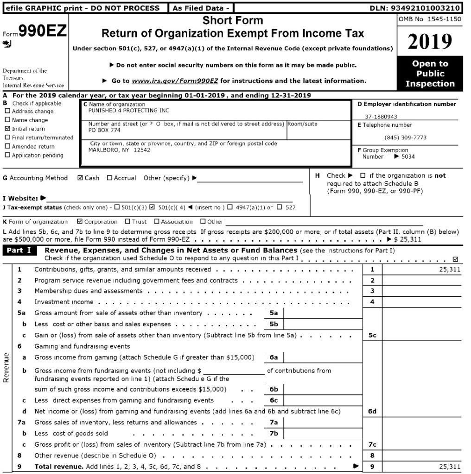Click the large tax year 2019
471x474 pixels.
tap(430, 42)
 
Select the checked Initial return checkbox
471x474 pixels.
tap(7, 129)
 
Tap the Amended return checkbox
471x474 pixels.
tap(7, 146)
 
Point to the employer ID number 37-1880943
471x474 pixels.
tap(381, 117)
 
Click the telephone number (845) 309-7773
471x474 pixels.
tap(406, 137)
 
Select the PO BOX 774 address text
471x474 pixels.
tap(101, 131)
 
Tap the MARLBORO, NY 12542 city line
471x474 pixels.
tap(119, 150)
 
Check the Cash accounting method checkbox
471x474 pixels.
tap(80, 178)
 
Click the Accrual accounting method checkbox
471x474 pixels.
tap(109, 178)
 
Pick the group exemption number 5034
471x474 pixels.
tap(408, 156)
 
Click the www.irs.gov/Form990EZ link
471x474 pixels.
tap(175, 81)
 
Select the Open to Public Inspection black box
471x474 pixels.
tap(430, 74)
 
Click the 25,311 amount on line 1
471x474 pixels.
tap(449, 269)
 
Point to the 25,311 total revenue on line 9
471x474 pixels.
tap(449, 467)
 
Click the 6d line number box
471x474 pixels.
tap(372, 411)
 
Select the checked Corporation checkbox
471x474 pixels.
tap(79, 222)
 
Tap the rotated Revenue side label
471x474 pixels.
tap(6, 368)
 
